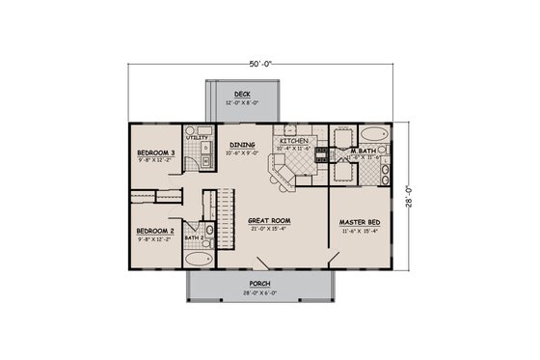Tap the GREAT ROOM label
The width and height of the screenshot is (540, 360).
tap(270, 220)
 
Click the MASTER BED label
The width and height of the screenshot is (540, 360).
tap(358, 220)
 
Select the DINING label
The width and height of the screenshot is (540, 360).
tap(242, 145)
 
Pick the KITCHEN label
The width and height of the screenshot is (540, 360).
tap(292, 142)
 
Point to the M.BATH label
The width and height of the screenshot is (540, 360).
tap(362, 151)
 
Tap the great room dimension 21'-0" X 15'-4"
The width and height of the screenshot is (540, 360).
tap(270, 228)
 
